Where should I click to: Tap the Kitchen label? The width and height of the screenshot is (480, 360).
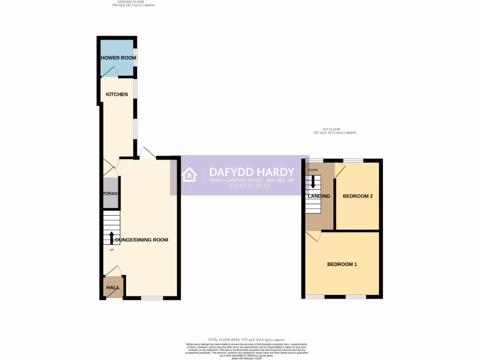[117, 94]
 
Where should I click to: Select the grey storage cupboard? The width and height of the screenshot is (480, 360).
[111, 193]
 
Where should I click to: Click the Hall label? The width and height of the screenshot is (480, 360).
[112, 287]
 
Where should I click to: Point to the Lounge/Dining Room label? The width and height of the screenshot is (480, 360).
[141, 240]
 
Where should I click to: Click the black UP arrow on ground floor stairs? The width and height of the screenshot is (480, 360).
[112, 238]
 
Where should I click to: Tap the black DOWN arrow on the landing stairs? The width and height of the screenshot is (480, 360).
[313, 182]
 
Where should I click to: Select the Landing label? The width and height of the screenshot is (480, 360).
[319, 196]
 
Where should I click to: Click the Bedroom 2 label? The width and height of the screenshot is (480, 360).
[358, 196]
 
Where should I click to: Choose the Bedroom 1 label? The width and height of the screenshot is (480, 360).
[342, 264]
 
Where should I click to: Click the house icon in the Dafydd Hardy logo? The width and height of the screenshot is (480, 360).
[190, 175]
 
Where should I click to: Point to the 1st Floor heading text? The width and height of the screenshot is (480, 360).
[335, 129]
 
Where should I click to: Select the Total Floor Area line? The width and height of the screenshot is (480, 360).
[247, 339]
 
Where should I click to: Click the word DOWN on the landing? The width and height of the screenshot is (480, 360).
[313, 170]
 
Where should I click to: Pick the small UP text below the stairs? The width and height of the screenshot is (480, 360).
[112, 250]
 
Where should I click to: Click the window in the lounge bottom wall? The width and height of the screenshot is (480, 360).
[152, 297]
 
